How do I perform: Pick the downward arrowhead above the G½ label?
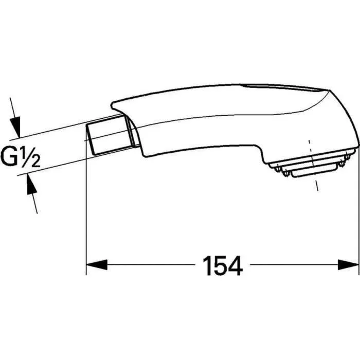pos(16,125)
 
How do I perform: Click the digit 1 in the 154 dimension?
pos(207,265)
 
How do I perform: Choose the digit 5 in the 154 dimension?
pos(222,265)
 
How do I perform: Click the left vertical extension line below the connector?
pos(85,206)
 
